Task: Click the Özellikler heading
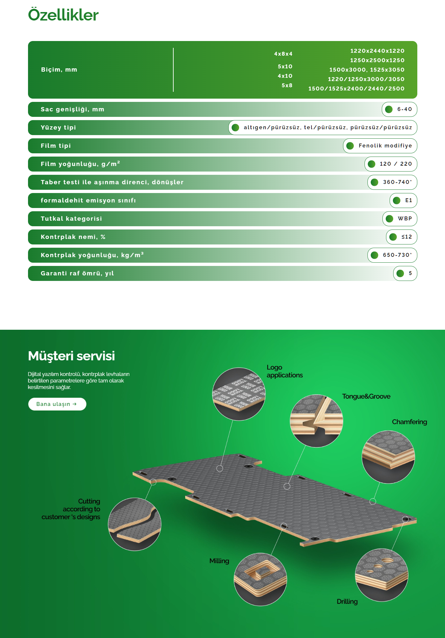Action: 63,15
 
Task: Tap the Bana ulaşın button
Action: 57,404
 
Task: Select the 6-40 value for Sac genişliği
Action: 404,109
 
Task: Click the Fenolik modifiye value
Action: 385,146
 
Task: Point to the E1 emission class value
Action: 409,201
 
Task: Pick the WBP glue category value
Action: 405,219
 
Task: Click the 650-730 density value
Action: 397,255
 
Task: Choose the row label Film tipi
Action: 56,146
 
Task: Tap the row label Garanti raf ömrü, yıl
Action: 77,273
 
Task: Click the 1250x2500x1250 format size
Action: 377,60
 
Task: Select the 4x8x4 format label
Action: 283,54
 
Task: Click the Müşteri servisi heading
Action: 71,356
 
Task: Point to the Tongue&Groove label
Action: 366,396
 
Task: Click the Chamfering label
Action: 409,422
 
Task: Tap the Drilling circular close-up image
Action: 381,575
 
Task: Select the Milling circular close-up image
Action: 260,579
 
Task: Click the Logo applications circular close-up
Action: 239,394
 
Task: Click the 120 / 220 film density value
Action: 395,164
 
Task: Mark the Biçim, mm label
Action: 59,70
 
